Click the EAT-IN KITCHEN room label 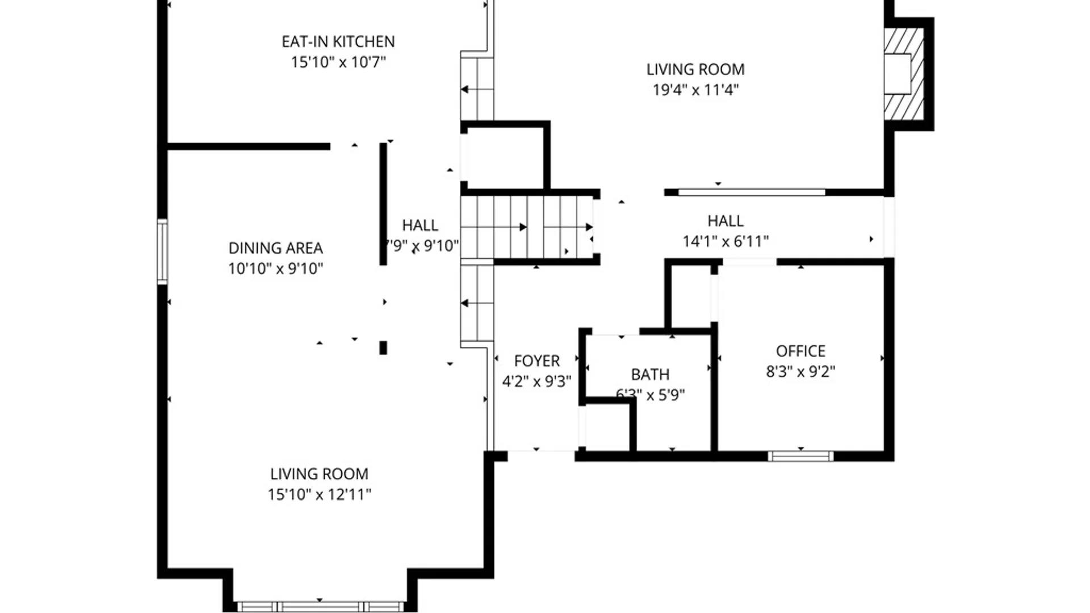(338, 41)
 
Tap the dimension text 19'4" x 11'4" (695, 90)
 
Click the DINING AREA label (275, 248)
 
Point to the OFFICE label (800, 351)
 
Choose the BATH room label (650, 375)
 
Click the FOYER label (536, 361)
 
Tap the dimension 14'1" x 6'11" (725, 241)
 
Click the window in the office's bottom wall (800, 456)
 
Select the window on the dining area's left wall (162, 251)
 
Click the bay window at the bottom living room (320, 606)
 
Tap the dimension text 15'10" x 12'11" (319, 494)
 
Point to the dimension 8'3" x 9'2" (800, 372)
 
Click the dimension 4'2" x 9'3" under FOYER (536, 381)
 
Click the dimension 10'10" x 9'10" (275, 268)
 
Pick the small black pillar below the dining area (383, 347)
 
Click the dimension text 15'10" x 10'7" (338, 62)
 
